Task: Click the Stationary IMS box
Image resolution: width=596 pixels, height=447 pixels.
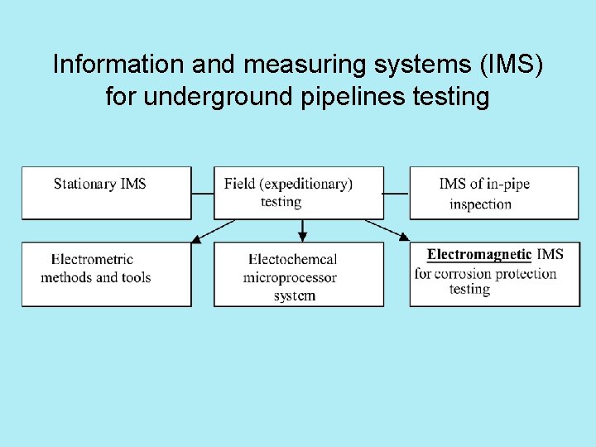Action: point(106,193)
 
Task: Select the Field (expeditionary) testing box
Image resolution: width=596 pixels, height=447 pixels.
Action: point(299,193)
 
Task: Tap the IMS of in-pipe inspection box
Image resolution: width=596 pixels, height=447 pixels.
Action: point(494,193)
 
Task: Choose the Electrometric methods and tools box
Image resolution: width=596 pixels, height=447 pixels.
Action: point(106,274)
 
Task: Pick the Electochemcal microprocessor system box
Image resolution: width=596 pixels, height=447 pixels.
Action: point(299,274)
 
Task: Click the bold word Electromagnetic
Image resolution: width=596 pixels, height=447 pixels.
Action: point(478,254)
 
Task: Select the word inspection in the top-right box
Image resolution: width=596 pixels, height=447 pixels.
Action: point(480,204)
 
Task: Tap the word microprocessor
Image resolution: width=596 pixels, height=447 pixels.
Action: point(290,277)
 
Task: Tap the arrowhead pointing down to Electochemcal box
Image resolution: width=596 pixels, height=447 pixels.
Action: point(302,237)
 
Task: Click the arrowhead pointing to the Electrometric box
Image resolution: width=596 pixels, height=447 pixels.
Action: point(196,239)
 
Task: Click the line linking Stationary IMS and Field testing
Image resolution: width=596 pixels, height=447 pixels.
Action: point(203,194)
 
